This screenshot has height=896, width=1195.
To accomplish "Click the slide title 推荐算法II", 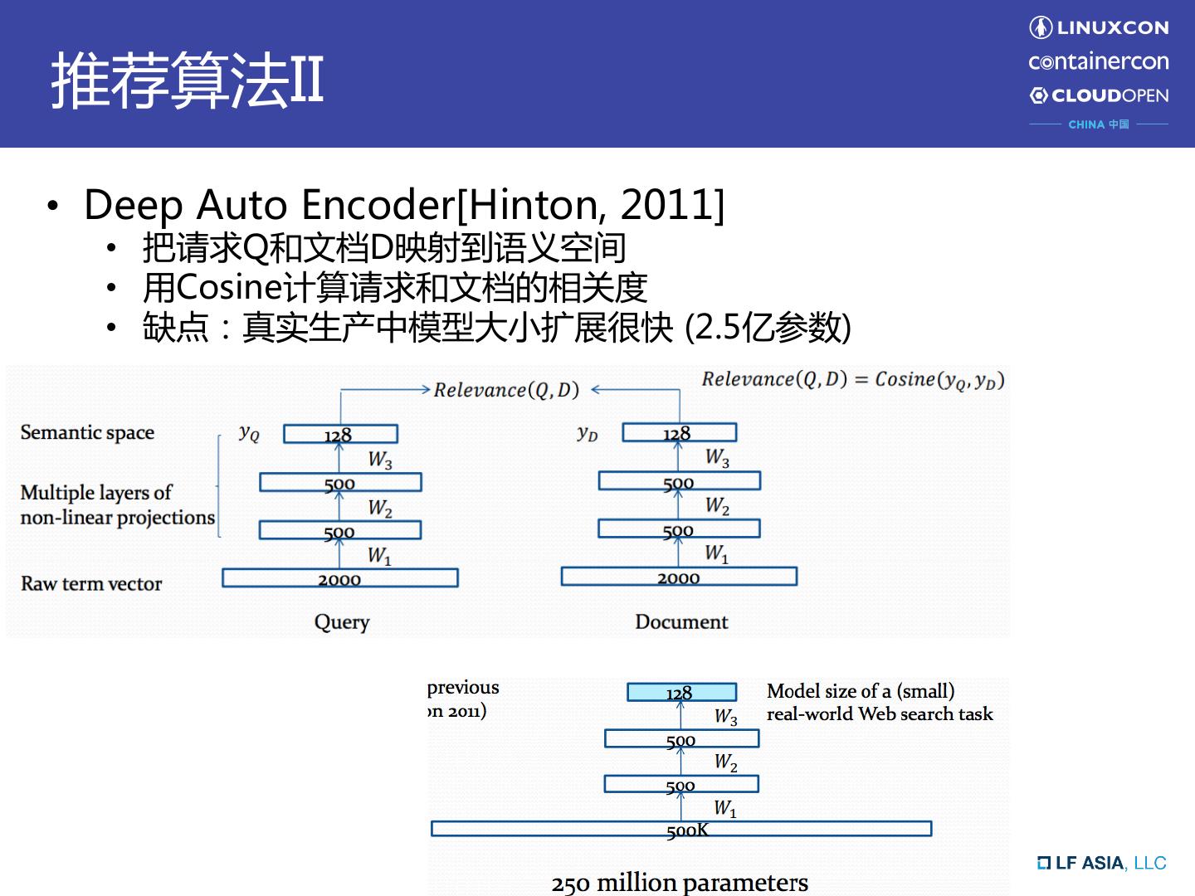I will (188, 80).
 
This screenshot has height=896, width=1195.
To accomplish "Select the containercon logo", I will (1098, 61).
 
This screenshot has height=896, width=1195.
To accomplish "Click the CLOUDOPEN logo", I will (1099, 95).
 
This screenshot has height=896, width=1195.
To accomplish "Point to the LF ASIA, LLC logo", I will (1101, 863).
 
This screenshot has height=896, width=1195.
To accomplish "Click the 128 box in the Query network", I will (340, 434).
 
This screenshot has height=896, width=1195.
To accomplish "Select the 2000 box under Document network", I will (679, 577).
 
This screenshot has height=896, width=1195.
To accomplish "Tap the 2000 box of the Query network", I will (340, 578).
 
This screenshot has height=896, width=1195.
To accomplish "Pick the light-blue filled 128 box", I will (681, 692).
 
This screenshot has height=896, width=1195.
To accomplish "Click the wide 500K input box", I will (681, 828).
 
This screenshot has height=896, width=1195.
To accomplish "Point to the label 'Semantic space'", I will (87, 432).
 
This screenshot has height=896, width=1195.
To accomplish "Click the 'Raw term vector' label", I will (91, 583).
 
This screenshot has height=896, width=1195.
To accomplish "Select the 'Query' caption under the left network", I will (341, 622).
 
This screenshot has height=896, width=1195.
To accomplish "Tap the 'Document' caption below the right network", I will (681, 622).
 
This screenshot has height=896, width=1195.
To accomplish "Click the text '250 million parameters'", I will (680, 883).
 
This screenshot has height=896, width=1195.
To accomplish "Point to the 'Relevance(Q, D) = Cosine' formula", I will (852, 380).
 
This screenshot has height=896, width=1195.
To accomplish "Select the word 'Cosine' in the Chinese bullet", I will (229, 287).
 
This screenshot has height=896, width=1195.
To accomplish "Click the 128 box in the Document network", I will (679, 432).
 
